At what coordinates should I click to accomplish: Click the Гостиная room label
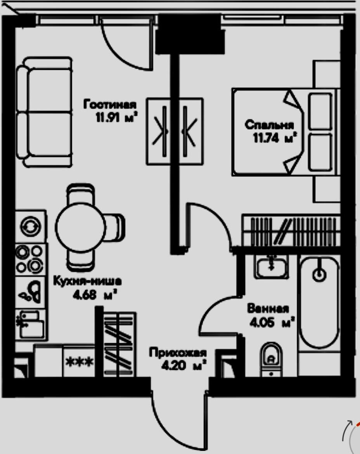(x=110, y=105)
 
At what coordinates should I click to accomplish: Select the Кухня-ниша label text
(x=87, y=280)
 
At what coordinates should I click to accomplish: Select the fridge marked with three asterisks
(x=80, y=362)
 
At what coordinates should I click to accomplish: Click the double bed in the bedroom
(x=285, y=132)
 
